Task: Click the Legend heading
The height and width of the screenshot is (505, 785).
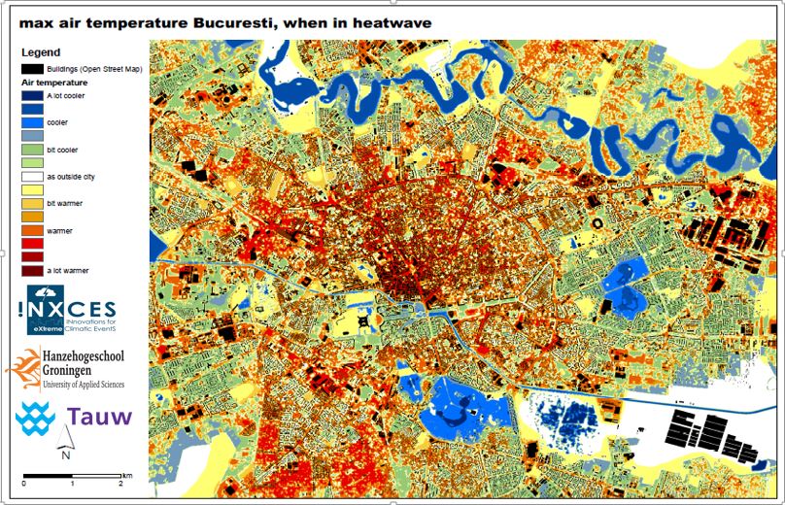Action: (x=41, y=51)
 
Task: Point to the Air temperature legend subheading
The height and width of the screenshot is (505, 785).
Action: (x=55, y=84)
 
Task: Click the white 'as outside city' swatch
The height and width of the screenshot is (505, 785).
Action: (x=32, y=178)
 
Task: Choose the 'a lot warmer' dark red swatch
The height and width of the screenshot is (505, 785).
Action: (x=32, y=270)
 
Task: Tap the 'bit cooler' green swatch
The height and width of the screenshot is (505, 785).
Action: (x=32, y=151)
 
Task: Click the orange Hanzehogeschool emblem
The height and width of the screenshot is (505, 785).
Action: (x=21, y=369)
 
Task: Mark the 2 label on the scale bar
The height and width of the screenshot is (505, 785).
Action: (x=120, y=483)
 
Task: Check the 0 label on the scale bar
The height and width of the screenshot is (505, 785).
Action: (x=24, y=483)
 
